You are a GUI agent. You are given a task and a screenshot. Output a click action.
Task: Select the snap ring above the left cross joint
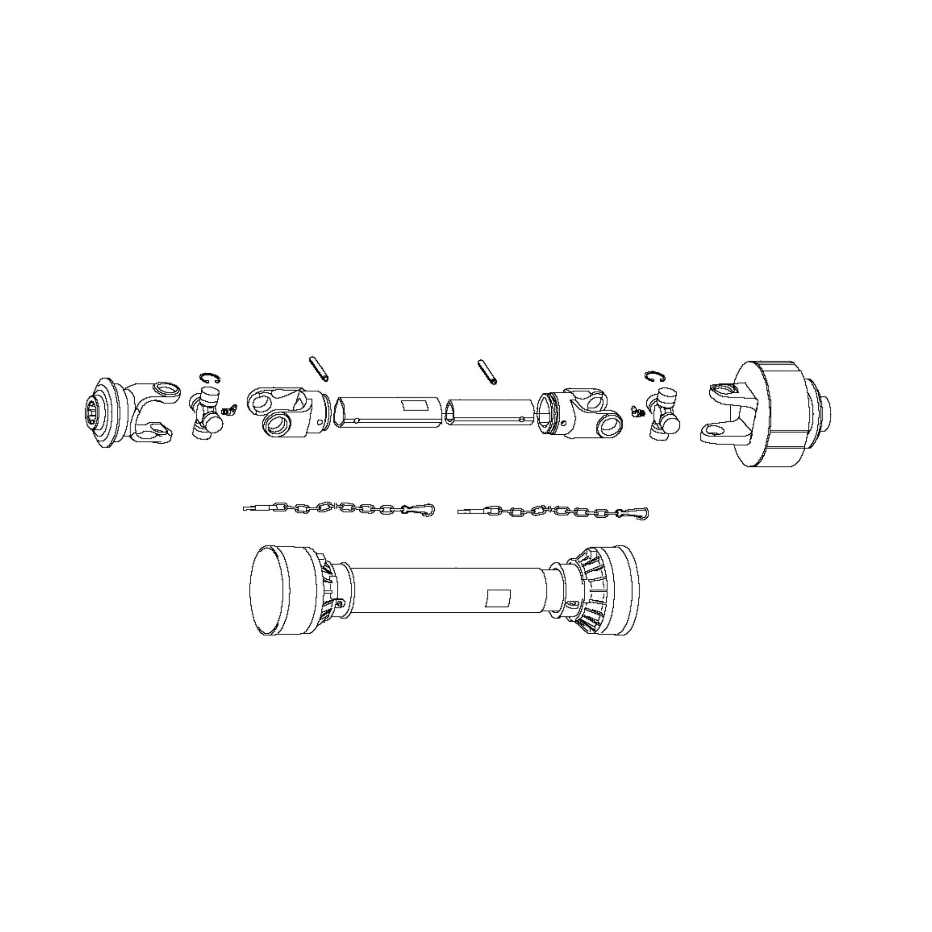pyautogui.click(x=210, y=378)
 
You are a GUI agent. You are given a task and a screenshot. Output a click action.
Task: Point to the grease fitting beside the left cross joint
pyautogui.click(x=230, y=410)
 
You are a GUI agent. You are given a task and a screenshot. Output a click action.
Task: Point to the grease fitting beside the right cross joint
pyautogui.click(x=637, y=411)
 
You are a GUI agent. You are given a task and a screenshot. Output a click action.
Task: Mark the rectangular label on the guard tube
pyautogui.click(x=496, y=598)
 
